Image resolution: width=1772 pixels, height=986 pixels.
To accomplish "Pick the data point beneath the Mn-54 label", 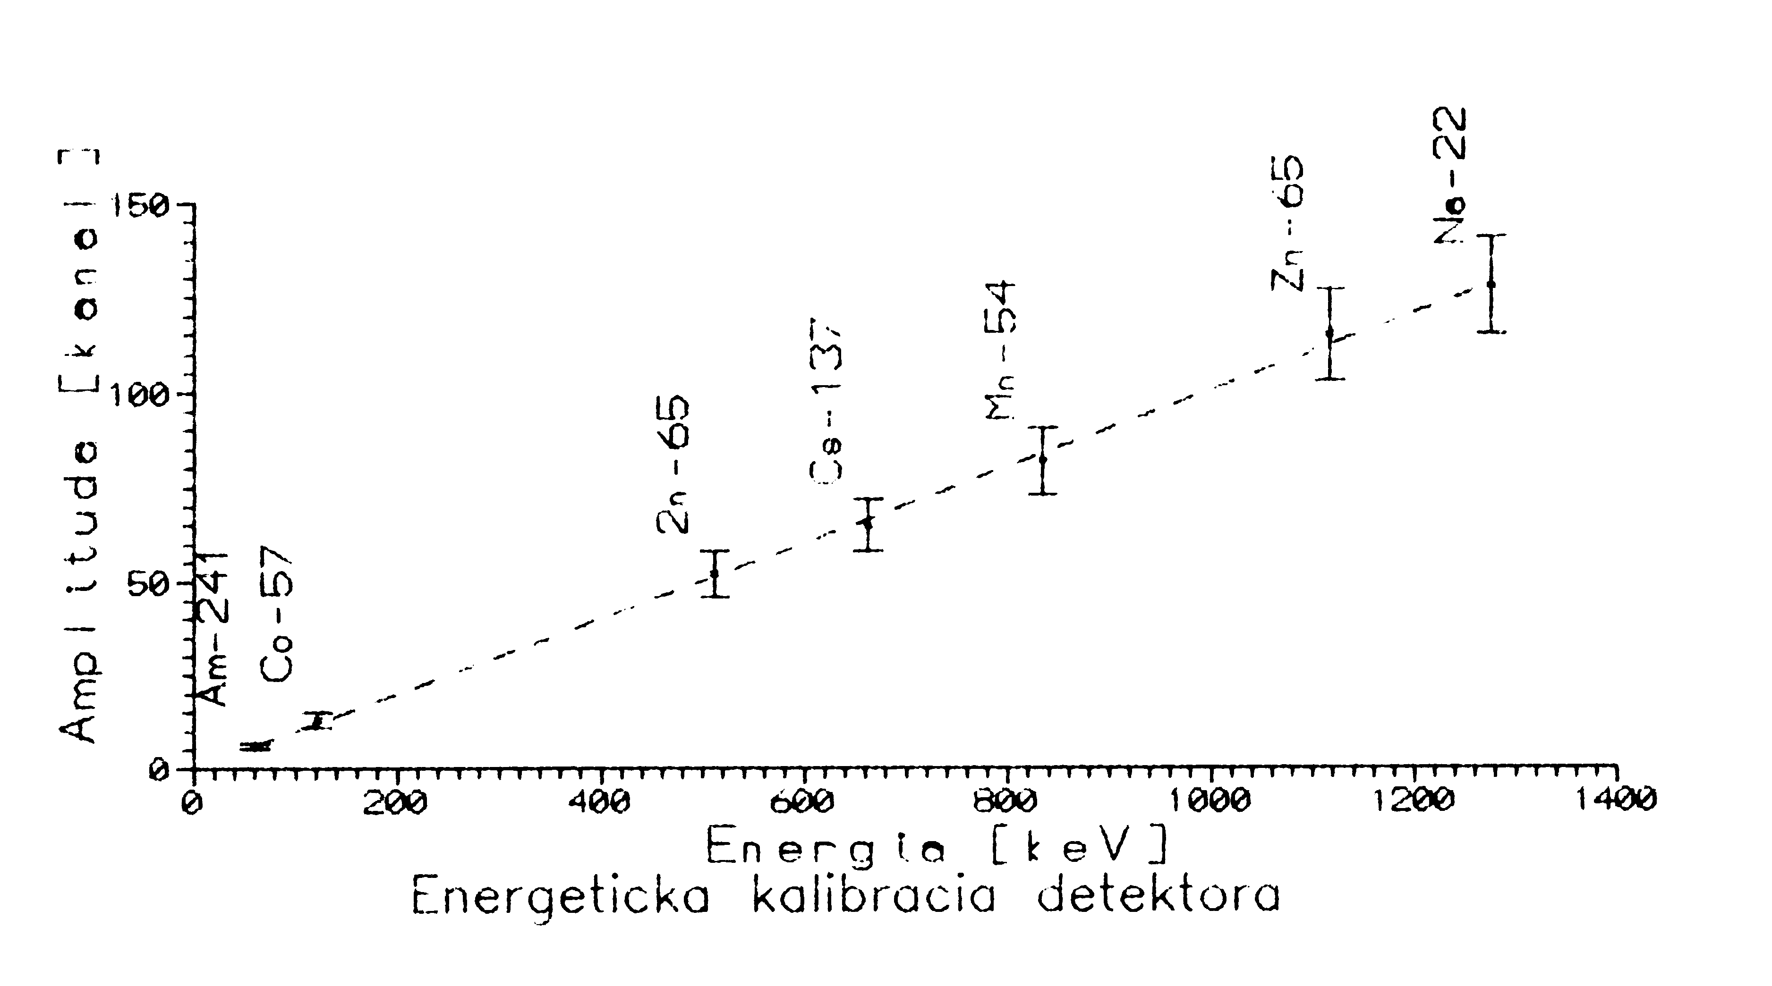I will click(1043, 459).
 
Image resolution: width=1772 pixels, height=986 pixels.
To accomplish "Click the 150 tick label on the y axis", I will click(143, 205).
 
